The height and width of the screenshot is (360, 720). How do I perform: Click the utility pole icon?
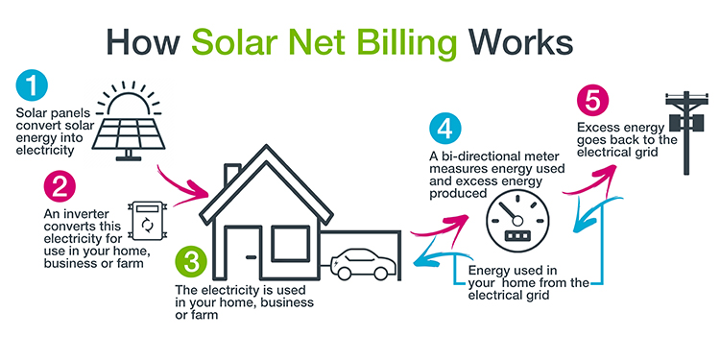tap(687, 131)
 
